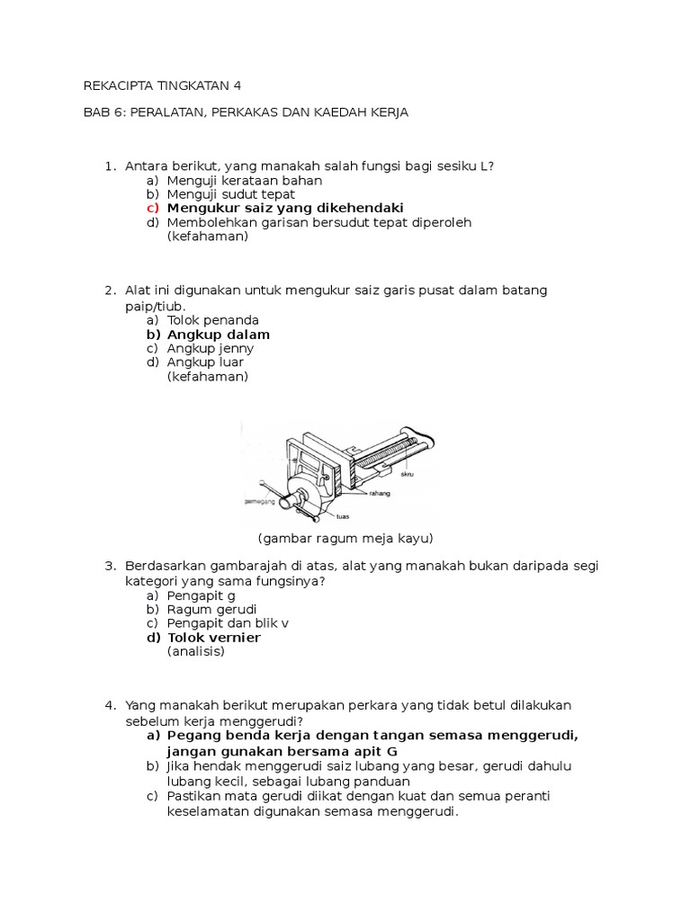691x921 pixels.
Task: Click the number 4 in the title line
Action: pyautogui.click(x=238, y=85)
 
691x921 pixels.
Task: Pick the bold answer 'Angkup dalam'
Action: pyautogui.click(x=219, y=335)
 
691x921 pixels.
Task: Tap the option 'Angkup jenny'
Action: pyautogui.click(x=211, y=348)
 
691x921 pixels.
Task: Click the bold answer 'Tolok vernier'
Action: pyautogui.click(x=214, y=638)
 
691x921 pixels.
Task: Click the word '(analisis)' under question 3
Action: pyautogui.click(x=196, y=651)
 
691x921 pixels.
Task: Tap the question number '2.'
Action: pyautogui.click(x=110, y=291)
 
